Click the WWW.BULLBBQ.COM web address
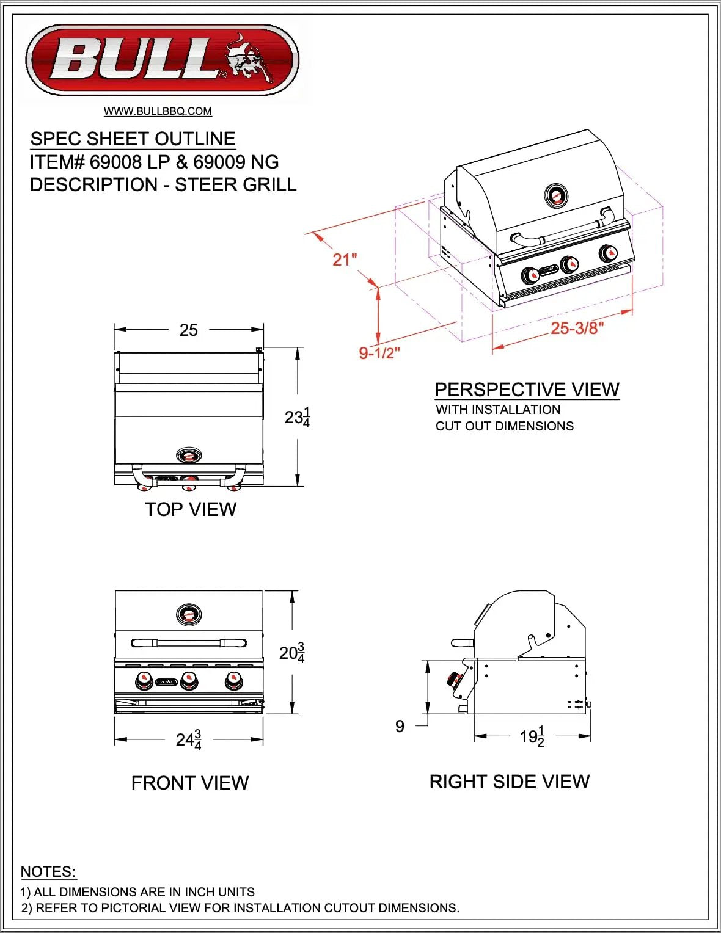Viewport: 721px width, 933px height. point(158,111)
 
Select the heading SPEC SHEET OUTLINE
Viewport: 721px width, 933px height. point(133,139)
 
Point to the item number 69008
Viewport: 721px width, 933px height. point(115,162)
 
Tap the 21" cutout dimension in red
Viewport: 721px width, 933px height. point(344,260)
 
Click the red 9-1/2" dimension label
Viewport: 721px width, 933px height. point(379,353)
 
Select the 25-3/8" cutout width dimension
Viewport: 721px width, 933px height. point(577,329)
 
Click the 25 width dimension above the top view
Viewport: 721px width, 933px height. point(188,330)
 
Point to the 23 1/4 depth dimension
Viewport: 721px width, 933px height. point(297,418)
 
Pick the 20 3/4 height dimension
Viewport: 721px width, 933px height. point(291,653)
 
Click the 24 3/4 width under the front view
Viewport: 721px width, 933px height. point(188,740)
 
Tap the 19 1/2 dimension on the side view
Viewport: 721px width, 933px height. point(532,737)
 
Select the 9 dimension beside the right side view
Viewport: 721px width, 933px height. point(400,726)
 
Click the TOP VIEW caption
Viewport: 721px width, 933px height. point(191,509)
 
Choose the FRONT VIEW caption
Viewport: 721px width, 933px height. point(190,783)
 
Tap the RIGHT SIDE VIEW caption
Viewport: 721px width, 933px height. point(509,782)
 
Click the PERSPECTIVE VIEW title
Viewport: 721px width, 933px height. point(527,390)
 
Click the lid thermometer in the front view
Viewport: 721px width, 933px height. point(188,614)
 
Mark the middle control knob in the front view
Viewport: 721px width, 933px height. point(189,680)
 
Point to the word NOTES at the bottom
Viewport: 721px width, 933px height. point(48,871)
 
